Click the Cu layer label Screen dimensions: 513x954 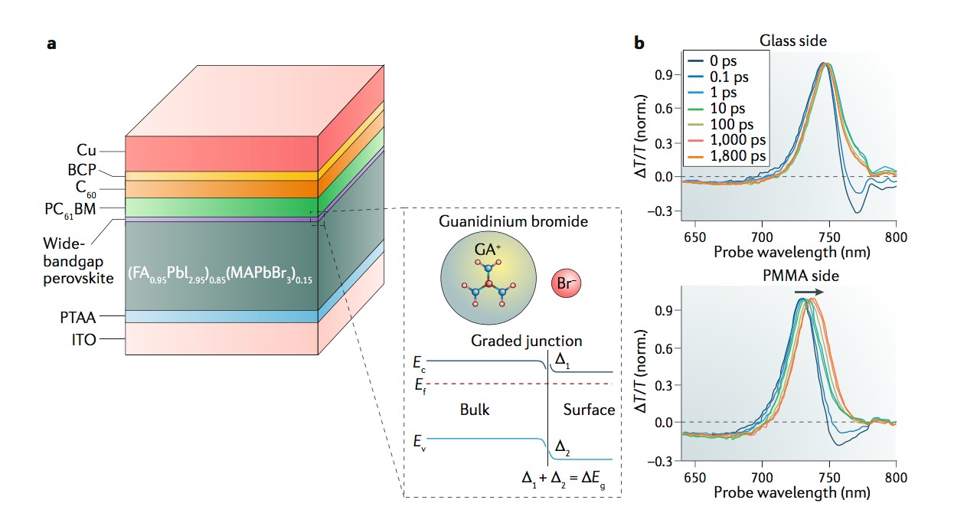pos(86,151)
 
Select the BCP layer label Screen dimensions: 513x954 pos(81,170)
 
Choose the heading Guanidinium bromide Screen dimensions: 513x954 pos(513,221)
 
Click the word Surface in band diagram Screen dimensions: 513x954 pos(589,410)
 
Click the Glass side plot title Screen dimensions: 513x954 pos(792,41)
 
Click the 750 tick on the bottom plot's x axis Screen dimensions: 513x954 pos(829,476)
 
